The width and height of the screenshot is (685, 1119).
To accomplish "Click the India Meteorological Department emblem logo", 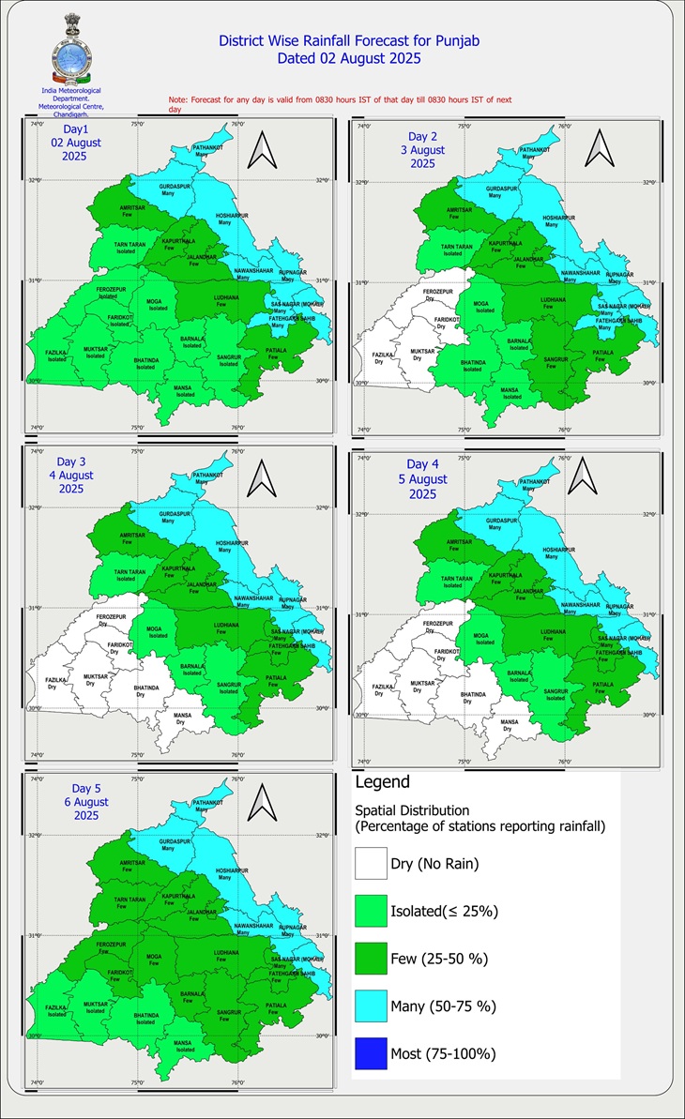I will coord(71,49).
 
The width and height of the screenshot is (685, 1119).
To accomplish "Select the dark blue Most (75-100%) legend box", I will coord(371,1053).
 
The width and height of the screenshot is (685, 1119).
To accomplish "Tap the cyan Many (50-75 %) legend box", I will coord(371,1006).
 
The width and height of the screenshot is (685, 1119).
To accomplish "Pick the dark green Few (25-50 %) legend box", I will coord(371,959).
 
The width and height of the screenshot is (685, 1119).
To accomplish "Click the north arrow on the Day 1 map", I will coord(262,149).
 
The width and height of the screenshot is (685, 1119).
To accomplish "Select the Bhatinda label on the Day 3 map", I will coord(139,691).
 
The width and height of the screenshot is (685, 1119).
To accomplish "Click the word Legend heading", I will coord(382,781).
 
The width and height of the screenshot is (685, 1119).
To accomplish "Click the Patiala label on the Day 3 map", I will coord(276,678).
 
